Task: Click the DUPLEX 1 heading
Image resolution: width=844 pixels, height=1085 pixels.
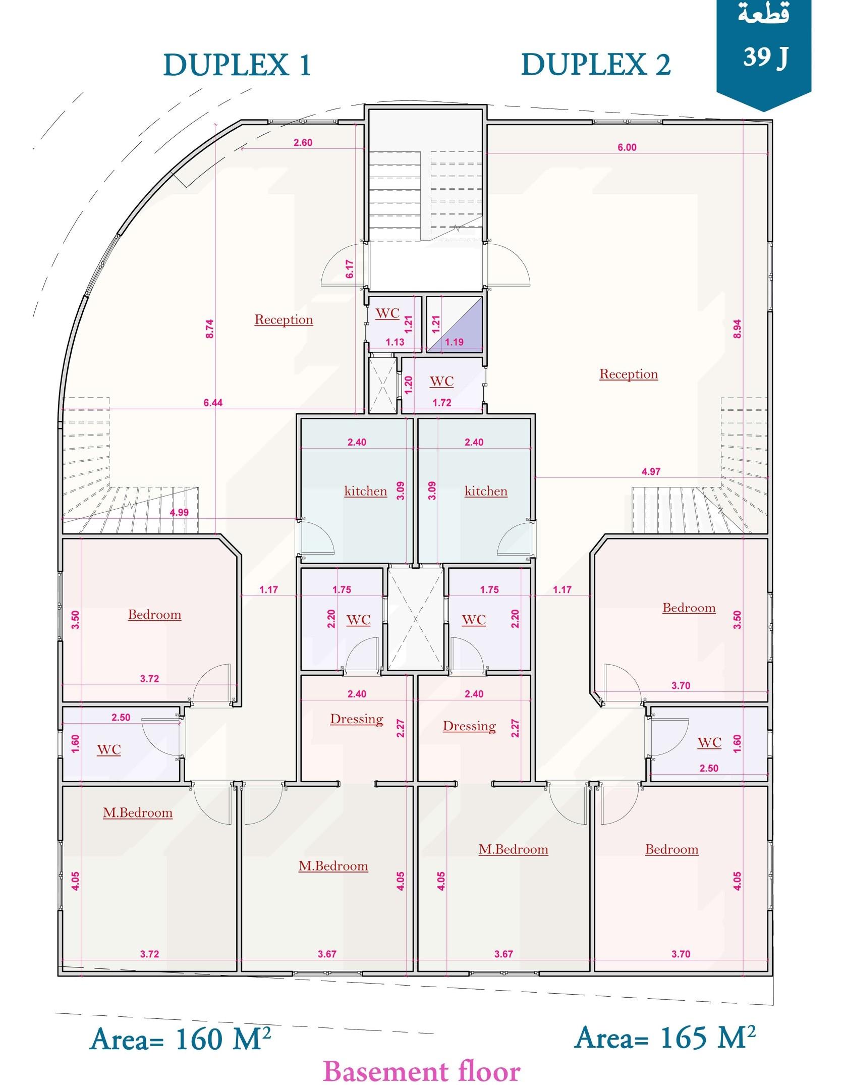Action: coord(237,66)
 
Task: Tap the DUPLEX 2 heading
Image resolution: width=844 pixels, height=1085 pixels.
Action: coord(596,66)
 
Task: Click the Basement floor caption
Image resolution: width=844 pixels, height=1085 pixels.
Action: coord(421,1069)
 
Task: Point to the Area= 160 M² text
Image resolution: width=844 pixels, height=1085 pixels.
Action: coord(181,1038)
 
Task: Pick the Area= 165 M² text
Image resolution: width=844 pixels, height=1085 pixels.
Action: coord(665,1037)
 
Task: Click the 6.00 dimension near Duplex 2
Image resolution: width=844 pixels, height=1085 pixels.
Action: coord(627,147)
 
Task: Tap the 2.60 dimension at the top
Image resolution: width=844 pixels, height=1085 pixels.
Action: coord(303,142)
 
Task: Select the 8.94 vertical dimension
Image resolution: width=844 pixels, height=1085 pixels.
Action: coord(737,329)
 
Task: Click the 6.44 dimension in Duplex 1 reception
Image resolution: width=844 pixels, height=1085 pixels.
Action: coord(213,403)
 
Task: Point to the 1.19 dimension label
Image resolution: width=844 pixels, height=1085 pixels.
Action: coord(454,342)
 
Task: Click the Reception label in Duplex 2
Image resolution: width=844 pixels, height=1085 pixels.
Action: coord(629,374)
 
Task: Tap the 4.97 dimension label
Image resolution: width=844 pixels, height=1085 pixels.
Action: coord(651,471)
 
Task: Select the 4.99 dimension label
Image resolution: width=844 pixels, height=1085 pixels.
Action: coord(179,512)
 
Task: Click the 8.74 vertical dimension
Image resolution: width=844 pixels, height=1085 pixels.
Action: coord(210,329)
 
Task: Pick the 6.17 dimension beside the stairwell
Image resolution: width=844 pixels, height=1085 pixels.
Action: coord(350,269)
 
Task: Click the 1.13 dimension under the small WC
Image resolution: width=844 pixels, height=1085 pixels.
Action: coord(395,342)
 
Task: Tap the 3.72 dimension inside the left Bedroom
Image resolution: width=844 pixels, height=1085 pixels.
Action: coord(149,679)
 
